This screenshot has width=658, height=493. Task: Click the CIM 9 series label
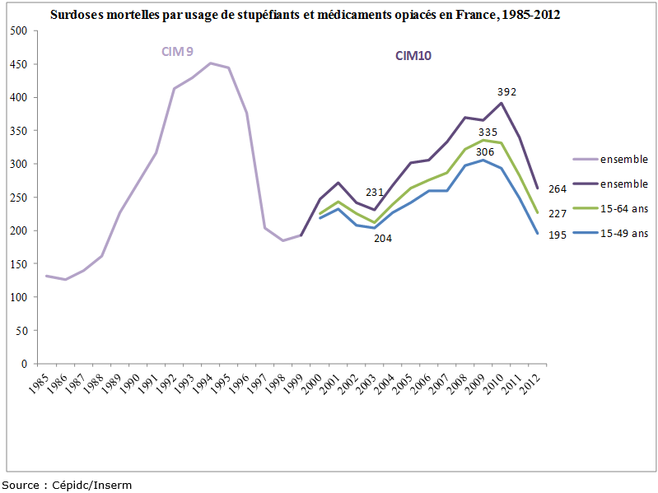177,52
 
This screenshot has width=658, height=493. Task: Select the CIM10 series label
413,56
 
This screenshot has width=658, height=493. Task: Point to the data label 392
506,91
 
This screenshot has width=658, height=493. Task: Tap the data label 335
487,131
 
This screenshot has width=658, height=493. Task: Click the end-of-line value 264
558,189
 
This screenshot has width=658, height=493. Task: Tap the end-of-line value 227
558,213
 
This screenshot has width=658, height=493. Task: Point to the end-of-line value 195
558,235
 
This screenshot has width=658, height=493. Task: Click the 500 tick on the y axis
18,30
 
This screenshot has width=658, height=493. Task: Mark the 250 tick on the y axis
18,198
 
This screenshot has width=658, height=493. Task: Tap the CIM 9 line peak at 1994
210,63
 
